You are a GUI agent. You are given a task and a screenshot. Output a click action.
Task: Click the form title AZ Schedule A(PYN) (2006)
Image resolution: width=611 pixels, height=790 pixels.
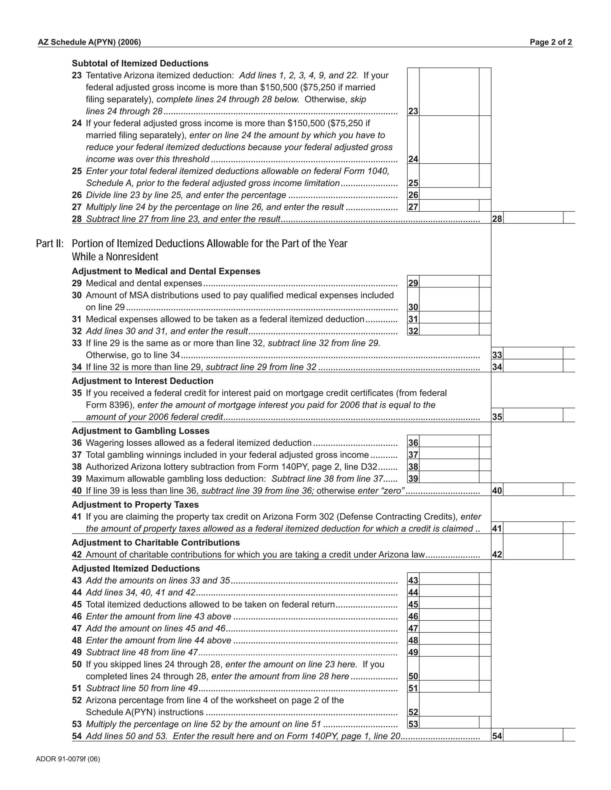point(90,42)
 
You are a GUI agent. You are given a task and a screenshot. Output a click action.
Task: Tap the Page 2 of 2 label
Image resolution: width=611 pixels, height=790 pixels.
point(550,42)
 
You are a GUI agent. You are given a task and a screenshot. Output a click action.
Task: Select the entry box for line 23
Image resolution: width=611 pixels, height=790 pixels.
point(449,92)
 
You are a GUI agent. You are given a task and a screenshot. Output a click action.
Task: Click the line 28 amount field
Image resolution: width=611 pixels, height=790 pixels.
point(533,218)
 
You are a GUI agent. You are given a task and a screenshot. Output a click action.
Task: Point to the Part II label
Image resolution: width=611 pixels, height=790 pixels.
point(50,244)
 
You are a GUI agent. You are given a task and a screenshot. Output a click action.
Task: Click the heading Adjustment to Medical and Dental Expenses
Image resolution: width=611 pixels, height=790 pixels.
point(166,271)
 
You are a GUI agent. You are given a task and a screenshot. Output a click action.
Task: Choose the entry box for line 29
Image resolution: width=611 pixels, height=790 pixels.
point(449,282)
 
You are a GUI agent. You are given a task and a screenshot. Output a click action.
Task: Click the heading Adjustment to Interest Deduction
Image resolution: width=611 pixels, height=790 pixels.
point(143,381)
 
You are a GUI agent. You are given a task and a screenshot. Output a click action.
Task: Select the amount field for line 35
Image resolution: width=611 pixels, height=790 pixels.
point(533,415)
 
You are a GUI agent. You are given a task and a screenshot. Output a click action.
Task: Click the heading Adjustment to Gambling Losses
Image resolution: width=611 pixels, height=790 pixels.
point(141,431)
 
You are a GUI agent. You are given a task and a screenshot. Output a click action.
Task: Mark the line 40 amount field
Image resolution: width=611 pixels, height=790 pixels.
point(533,490)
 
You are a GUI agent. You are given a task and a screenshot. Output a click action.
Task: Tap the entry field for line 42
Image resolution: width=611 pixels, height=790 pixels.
point(533,547)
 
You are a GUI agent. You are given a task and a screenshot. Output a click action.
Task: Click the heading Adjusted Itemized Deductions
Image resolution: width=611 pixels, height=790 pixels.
point(136,568)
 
